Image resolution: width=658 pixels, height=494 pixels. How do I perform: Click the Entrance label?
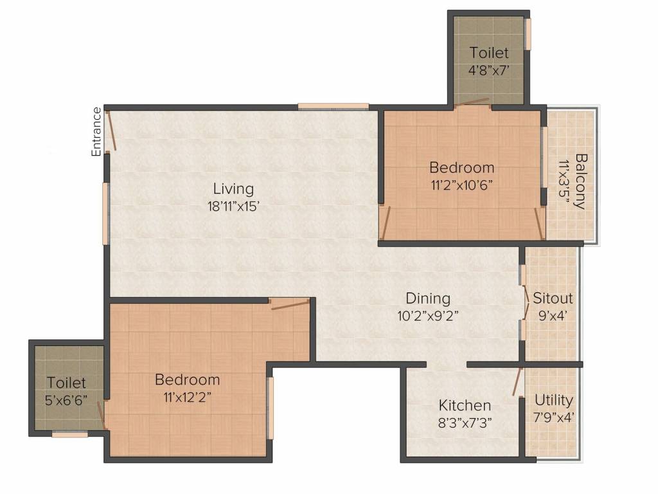click(96, 132)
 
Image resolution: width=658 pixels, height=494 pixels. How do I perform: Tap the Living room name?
click(233, 189)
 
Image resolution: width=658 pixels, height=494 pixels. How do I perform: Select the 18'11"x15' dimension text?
click(234, 206)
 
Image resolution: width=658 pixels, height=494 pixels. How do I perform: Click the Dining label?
click(428, 298)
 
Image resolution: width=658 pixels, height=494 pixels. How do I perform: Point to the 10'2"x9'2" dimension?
click(428, 315)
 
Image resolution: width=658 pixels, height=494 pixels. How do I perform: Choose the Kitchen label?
click(465, 405)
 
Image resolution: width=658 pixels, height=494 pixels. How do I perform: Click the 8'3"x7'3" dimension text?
click(465, 423)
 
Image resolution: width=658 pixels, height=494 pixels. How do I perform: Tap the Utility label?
click(553, 401)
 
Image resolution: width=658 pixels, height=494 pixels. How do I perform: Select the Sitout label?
click(553, 298)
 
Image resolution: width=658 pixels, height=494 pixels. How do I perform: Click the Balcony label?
click(581, 181)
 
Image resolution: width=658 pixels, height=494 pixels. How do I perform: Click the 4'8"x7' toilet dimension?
click(489, 69)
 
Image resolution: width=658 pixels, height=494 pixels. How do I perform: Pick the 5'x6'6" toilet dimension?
click(66, 400)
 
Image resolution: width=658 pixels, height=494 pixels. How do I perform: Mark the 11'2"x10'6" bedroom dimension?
click(461, 185)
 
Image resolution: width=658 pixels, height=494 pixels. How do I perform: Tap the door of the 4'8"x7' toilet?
click(472, 102)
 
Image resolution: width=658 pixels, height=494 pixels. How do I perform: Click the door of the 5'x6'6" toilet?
click(101, 416)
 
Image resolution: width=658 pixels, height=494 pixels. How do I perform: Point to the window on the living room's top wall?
click(333, 106)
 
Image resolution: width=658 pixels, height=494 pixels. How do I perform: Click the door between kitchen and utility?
click(517, 381)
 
